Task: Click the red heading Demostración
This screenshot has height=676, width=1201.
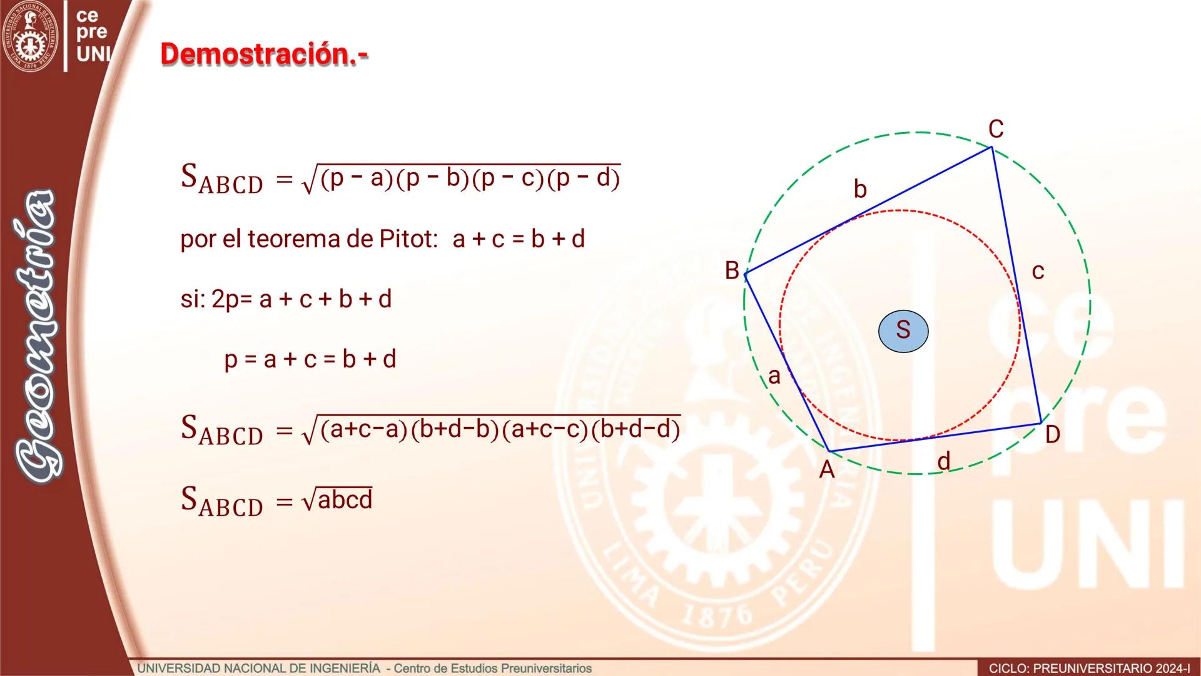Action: coord(264,54)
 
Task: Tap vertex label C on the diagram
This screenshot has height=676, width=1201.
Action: coord(996,130)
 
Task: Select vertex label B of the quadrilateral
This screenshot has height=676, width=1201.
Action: coord(732,270)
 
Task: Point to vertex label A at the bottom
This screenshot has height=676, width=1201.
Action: coord(827,469)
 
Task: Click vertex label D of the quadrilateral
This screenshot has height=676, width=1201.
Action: coord(1052,434)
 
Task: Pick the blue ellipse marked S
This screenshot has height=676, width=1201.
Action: coord(903,330)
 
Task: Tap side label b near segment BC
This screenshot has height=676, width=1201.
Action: coord(860,188)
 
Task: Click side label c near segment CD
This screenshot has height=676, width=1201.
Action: coord(1038,272)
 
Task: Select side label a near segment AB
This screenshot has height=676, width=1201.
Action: coord(774,376)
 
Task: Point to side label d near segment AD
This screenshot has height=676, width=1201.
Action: coord(944,461)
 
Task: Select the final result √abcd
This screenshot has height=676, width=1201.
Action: coord(337,500)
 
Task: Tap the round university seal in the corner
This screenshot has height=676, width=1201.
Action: coord(30,36)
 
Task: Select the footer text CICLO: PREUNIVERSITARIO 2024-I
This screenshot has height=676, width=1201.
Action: coord(1089,668)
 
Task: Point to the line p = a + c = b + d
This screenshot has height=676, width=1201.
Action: coord(310,359)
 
